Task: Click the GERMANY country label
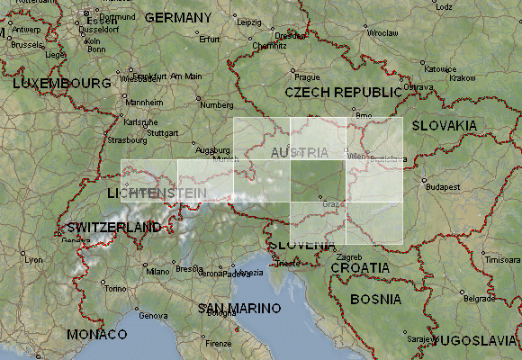(178, 17)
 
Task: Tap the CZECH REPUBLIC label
(343, 92)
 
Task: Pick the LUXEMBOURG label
(54, 83)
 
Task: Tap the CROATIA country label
(360, 267)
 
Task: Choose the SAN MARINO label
(233, 308)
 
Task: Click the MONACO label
(96, 334)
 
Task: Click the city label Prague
(307, 77)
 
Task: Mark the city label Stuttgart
(162, 131)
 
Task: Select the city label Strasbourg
(127, 139)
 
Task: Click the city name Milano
(157, 270)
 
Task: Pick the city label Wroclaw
(382, 31)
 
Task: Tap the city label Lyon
(32, 259)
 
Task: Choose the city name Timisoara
(501, 259)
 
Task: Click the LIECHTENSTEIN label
(156, 193)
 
